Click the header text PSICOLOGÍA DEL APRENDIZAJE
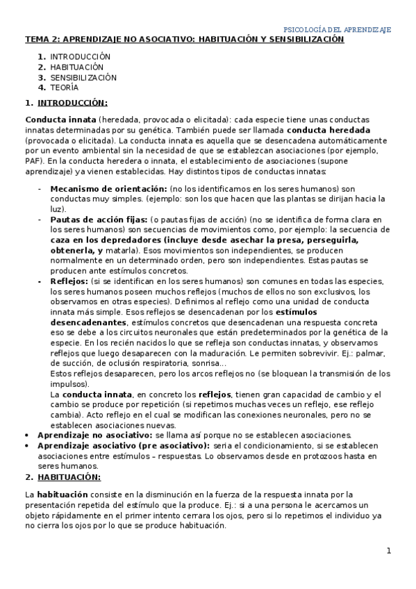point(338,30)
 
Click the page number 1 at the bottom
point(390,551)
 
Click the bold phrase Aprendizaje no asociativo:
point(94,435)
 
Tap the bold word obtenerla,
point(76,250)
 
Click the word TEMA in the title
point(38,40)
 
